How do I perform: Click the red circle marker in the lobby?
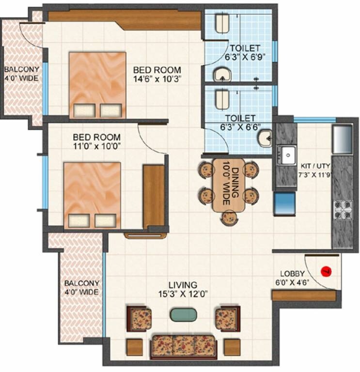[x=326, y=270]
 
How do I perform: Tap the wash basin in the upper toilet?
[x=223, y=75]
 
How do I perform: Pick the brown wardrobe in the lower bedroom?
[x=154, y=196]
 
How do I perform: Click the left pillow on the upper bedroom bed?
[x=83, y=110]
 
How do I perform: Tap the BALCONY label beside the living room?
[x=81, y=283]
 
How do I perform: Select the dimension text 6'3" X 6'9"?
[x=245, y=57]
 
